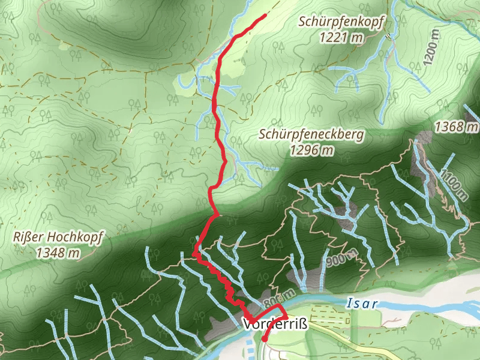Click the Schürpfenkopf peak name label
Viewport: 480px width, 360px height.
[341, 22]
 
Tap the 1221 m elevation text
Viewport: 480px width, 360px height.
[341, 37]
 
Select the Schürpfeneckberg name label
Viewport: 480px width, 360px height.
[311, 134]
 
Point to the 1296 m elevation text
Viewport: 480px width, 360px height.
[311, 150]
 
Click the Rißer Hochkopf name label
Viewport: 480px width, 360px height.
[58, 238]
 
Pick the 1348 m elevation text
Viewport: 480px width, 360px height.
[58, 253]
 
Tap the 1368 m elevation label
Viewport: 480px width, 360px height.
[458, 127]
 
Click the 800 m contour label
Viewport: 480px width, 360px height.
[279, 296]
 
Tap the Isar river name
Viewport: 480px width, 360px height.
[362, 304]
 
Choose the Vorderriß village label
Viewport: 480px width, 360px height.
[275, 325]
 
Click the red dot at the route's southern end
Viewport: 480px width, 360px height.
[265, 339]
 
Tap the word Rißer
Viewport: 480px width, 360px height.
[26, 238]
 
